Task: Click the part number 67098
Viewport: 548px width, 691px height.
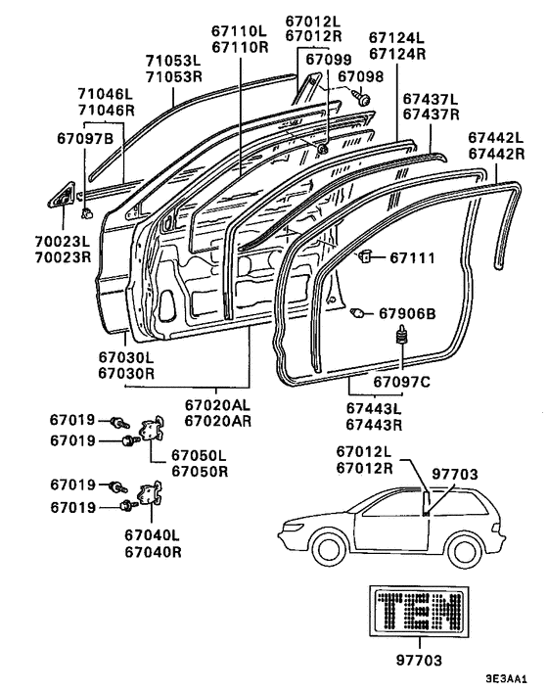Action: click(x=360, y=76)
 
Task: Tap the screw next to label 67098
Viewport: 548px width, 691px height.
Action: click(x=362, y=98)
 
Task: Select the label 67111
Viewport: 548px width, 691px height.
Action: click(x=412, y=257)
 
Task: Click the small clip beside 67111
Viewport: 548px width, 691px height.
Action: click(x=365, y=255)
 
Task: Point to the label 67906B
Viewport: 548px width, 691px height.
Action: click(x=407, y=313)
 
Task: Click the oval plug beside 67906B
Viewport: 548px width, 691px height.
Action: click(x=357, y=313)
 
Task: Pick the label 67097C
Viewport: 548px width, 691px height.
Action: click(x=401, y=382)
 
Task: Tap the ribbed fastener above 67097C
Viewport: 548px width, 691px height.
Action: click(x=401, y=335)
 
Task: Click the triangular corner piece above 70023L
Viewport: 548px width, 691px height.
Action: click(x=62, y=196)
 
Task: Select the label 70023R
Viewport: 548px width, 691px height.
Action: click(x=63, y=257)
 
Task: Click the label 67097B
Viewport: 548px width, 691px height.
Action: click(x=85, y=138)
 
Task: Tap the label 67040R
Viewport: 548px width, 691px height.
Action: click(x=153, y=552)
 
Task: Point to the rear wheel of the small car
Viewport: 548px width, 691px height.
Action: click(x=464, y=549)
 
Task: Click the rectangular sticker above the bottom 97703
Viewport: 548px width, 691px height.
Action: click(x=419, y=612)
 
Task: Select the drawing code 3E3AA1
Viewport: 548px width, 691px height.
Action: click(x=506, y=677)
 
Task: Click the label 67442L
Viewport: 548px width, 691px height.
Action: click(x=496, y=137)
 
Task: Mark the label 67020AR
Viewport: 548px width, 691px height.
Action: click(x=217, y=421)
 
